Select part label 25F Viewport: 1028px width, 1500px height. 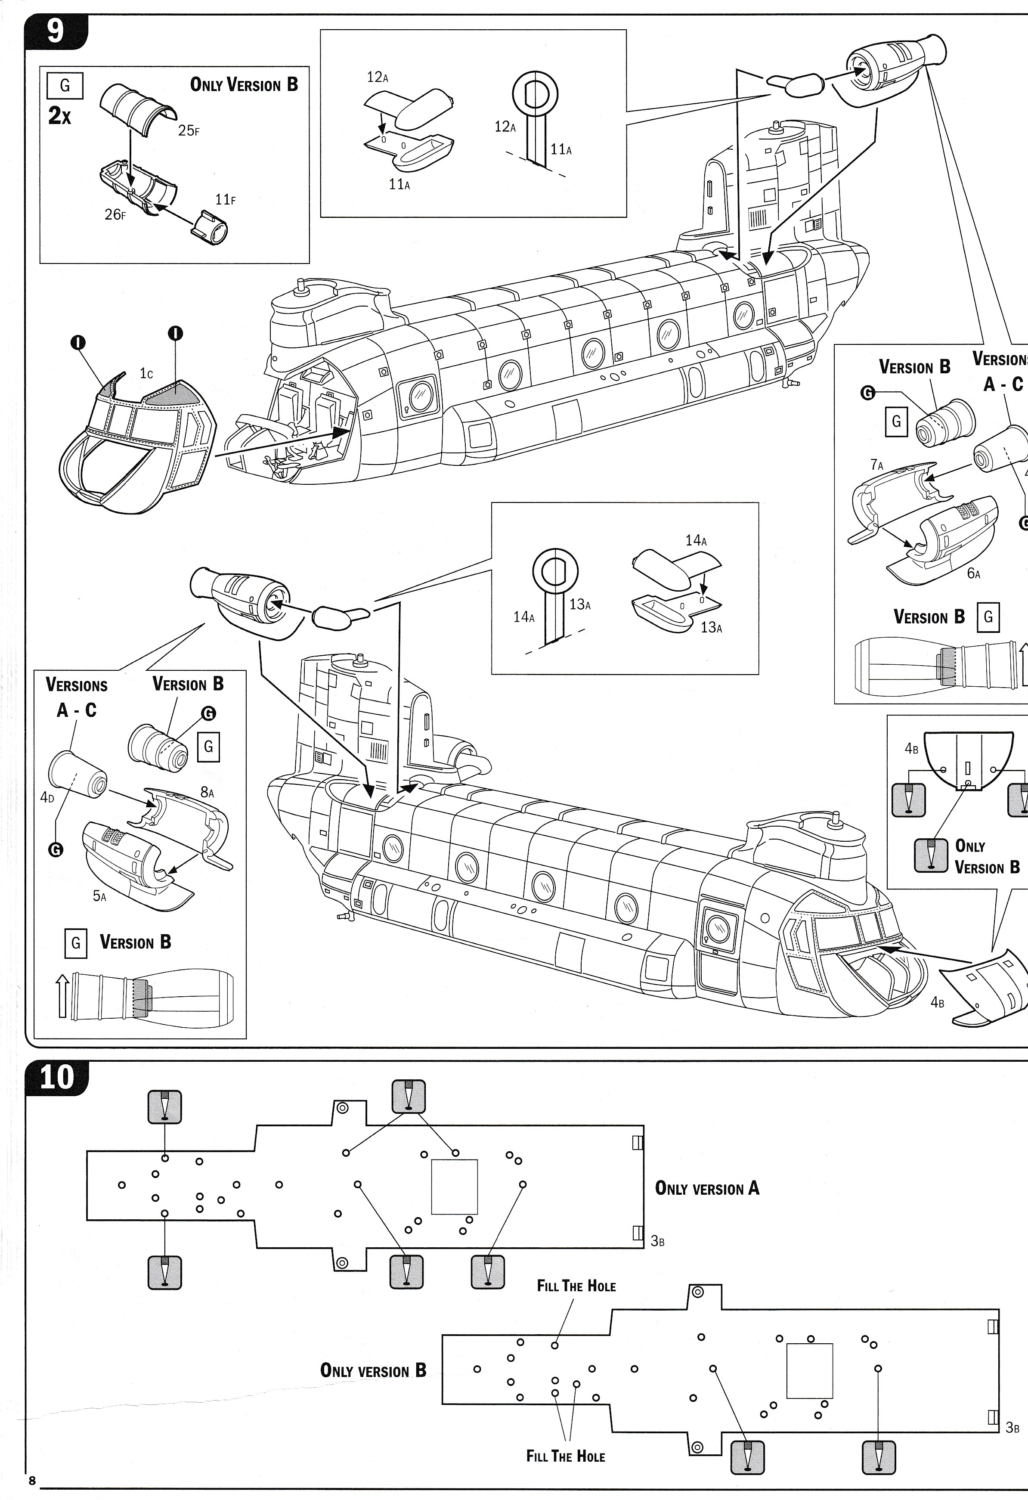(189, 131)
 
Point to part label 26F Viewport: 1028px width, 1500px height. (115, 215)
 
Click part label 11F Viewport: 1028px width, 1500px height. (225, 201)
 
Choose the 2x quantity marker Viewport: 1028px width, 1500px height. (60, 116)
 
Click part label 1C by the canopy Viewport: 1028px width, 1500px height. (146, 374)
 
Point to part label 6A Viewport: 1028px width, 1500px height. (973, 573)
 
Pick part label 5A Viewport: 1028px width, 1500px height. (99, 896)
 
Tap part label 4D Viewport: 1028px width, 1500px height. (47, 797)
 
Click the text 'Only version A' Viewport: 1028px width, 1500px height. (706, 1188)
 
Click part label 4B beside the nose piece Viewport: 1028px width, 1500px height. (938, 1002)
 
